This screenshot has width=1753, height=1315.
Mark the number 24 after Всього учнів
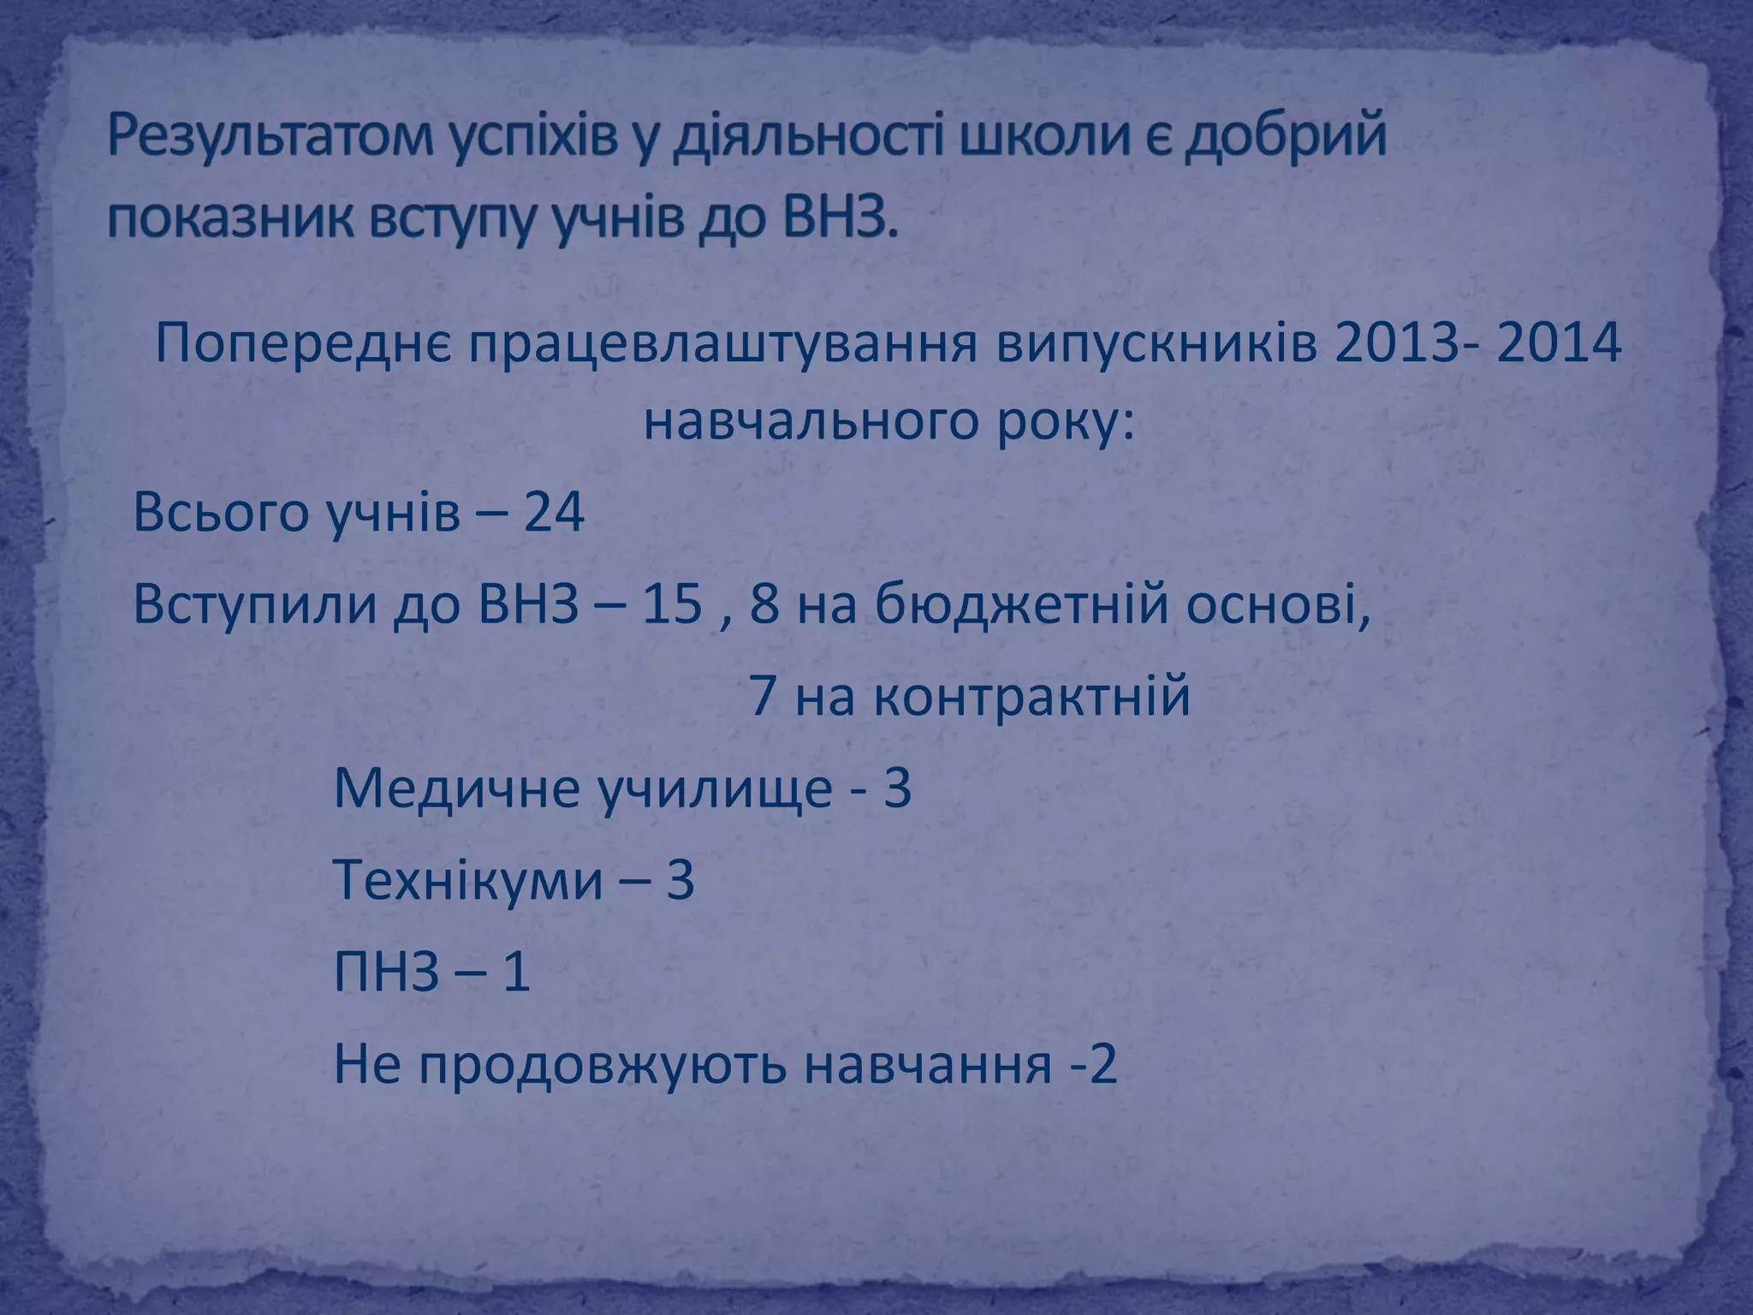pyautogui.click(x=554, y=515)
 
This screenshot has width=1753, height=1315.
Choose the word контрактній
pyautogui.click(x=1032, y=697)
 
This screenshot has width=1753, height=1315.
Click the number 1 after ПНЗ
pyautogui.click(x=515, y=973)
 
